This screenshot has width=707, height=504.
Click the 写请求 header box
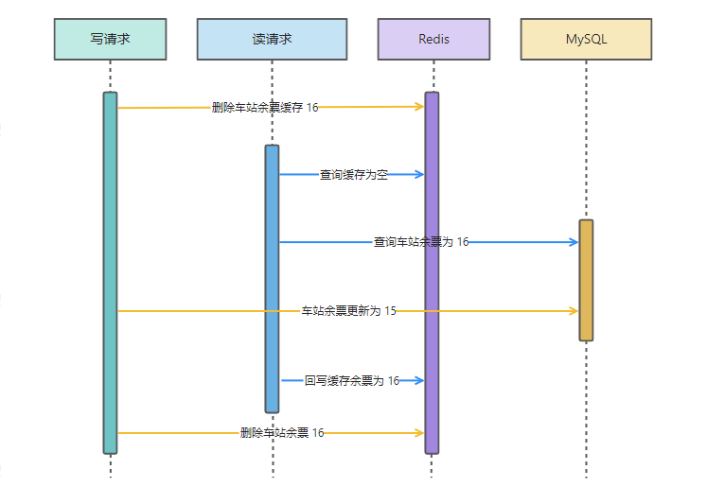110,40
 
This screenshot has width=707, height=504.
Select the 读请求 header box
272,40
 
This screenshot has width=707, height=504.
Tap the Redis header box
433,40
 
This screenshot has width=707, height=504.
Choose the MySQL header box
586,40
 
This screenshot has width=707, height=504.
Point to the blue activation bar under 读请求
272,279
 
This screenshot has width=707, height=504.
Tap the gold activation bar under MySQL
586,280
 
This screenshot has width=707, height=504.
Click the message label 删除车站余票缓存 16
265,108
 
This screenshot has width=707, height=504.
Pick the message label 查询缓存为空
354,175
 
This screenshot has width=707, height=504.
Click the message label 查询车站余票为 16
421,242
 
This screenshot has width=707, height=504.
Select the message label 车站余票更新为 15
349,311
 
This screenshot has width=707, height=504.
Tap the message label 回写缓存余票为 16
352,381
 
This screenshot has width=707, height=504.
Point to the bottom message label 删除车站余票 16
282,433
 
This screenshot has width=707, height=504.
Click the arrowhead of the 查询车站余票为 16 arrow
574,242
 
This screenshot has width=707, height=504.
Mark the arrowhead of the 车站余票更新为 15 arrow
574,311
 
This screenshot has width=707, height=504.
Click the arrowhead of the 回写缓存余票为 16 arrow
419,380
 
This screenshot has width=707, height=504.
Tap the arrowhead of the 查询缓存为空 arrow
419,174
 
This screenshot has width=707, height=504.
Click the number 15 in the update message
390,311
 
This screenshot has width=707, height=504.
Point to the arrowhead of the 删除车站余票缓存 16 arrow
419,107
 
